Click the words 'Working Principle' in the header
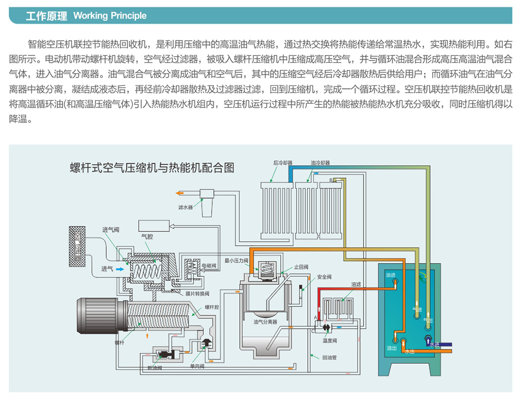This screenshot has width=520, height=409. tap(110, 16)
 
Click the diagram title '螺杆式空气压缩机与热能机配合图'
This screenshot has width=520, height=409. tap(152, 167)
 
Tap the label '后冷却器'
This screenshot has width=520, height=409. tap(282, 163)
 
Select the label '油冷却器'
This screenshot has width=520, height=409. tap(320, 163)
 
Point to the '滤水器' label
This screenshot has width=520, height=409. tap(186, 208)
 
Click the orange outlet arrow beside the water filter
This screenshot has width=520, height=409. tap(179, 193)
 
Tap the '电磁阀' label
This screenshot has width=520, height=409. tap(209, 266)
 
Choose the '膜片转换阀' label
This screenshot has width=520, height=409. tap(193, 294)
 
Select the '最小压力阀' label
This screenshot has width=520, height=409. tap(237, 261)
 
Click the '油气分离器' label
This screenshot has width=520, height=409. tap(266, 322)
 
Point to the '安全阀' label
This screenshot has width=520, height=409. tap(324, 277)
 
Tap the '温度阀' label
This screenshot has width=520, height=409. tap(330, 340)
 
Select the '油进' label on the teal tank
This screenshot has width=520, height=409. tap(391, 275)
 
